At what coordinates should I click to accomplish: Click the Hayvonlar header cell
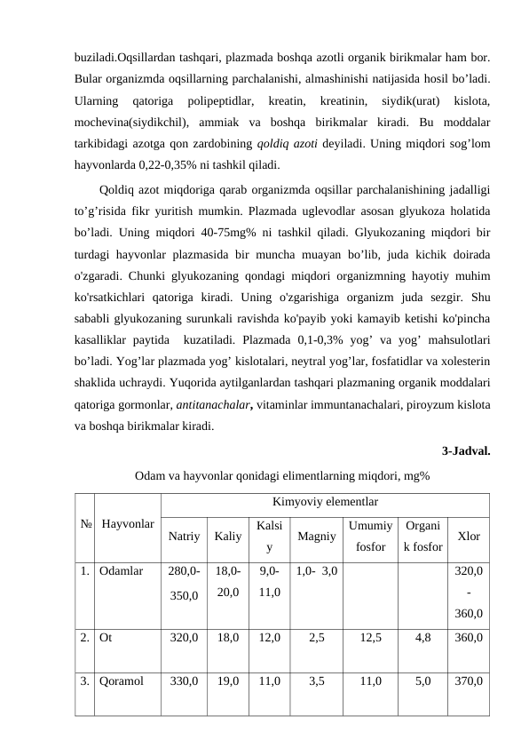[128, 524]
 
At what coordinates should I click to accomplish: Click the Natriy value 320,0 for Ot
[184, 637]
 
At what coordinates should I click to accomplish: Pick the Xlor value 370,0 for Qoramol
[468, 682]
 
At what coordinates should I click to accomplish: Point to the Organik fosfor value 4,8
[422, 637]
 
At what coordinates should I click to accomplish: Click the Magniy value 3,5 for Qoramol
[316, 682]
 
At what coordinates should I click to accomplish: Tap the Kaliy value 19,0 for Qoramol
[228, 682]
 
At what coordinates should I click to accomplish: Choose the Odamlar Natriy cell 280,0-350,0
[184, 580]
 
